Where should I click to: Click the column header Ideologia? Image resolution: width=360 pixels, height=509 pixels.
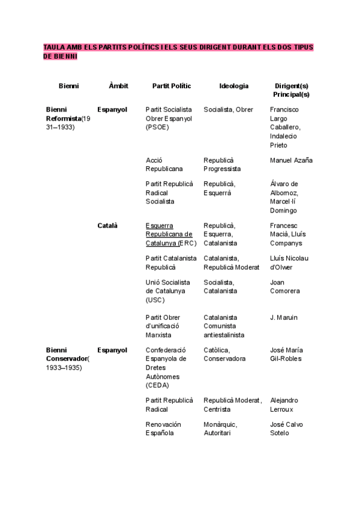233,86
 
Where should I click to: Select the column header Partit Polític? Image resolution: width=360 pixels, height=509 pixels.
172,86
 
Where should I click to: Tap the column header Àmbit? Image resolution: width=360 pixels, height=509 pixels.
118,86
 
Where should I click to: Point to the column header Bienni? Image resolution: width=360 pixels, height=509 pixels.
68,86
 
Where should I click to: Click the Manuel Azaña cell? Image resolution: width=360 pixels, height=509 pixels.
291,160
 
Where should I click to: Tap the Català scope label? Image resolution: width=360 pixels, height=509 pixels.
107,226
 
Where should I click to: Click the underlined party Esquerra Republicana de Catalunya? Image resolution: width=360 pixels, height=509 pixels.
169,234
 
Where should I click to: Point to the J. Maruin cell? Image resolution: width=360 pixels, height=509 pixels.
284,317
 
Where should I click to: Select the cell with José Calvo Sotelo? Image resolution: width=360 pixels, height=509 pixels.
287,429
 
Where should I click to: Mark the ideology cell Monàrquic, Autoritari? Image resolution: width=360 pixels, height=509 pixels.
221,429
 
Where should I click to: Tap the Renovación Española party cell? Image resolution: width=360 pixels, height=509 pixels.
163,429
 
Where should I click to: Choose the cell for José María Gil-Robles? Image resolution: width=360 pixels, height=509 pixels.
286,354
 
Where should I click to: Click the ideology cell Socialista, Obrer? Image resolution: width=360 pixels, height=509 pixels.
228,110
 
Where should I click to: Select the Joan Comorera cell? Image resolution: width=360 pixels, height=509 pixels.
285,286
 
